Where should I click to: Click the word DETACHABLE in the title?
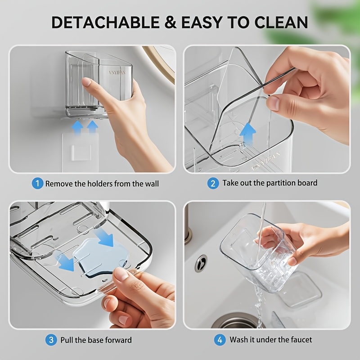click(106, 22)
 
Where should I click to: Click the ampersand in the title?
click(171, 22)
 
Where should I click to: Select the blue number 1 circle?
click(37, 184)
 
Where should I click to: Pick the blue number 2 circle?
click(213, 184)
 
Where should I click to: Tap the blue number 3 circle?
click(51, 340)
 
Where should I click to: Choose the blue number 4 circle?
click(220, 340)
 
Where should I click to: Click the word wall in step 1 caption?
click(152, 184)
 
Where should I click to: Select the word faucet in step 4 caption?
click(301, 340)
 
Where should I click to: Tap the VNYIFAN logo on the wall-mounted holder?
click(117, 72)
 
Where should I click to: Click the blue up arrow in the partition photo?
click(247, 135)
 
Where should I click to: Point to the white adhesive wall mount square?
click(81, 152)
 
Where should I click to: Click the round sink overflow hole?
click(201, 264)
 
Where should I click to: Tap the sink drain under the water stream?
click(237, 321)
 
